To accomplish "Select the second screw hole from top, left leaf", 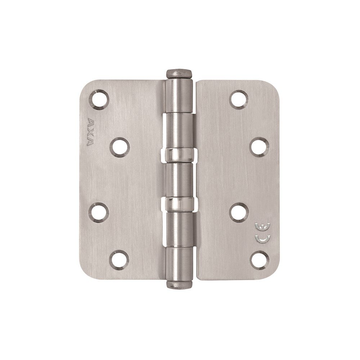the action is point(120,147).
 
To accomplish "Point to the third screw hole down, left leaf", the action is point(99,213).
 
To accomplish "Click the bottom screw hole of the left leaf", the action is point(119,260).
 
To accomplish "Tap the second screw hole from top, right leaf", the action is point(260,147).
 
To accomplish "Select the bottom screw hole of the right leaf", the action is point(260,261).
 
